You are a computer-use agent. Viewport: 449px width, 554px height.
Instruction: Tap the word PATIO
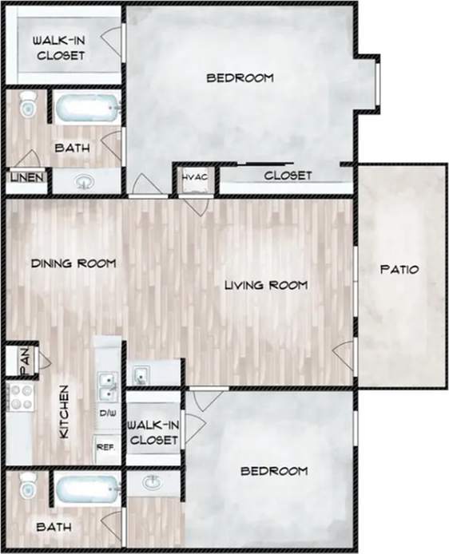(399, 270)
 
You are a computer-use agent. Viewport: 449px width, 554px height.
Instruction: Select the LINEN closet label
(26, 177)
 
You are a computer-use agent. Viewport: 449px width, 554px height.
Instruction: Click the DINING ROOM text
(74, 263)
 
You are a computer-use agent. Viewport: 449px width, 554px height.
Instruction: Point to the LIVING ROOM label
(265, 285)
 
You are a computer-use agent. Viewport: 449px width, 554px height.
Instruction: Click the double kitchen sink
(106, 386)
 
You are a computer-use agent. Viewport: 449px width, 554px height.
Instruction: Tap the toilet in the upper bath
(28, 105)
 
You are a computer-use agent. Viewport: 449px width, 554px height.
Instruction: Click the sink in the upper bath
(85, 181)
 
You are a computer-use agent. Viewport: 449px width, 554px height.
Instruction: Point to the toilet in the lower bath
(28, 485)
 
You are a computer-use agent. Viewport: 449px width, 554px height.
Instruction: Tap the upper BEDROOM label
(240, 78)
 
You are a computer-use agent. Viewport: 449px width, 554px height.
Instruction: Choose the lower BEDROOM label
(274, 471)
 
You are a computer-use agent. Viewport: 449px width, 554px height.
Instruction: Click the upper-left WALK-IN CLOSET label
(59, 48)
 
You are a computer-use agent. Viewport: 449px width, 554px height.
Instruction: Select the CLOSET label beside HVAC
(288, 176)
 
